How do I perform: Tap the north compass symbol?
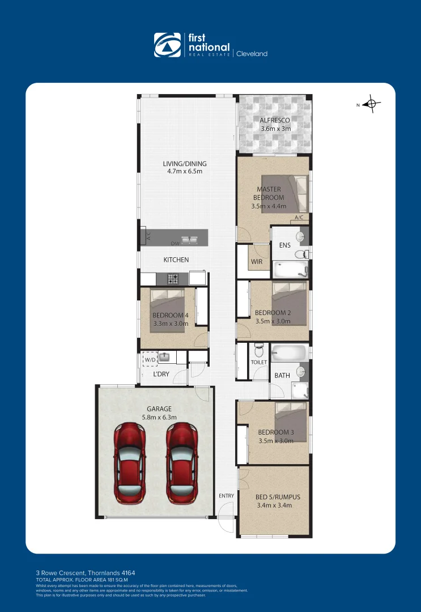point(371,104)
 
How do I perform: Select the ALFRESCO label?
point(275,120)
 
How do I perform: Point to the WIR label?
point(257,262)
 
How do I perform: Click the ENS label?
point(285,245)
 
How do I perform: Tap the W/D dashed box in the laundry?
point(150,359)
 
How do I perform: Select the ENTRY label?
point(226,496)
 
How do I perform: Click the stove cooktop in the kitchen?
point(173,278)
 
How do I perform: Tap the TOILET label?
point(258,362)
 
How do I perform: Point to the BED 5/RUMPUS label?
point(278,497)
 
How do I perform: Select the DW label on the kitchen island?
point(175,243)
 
